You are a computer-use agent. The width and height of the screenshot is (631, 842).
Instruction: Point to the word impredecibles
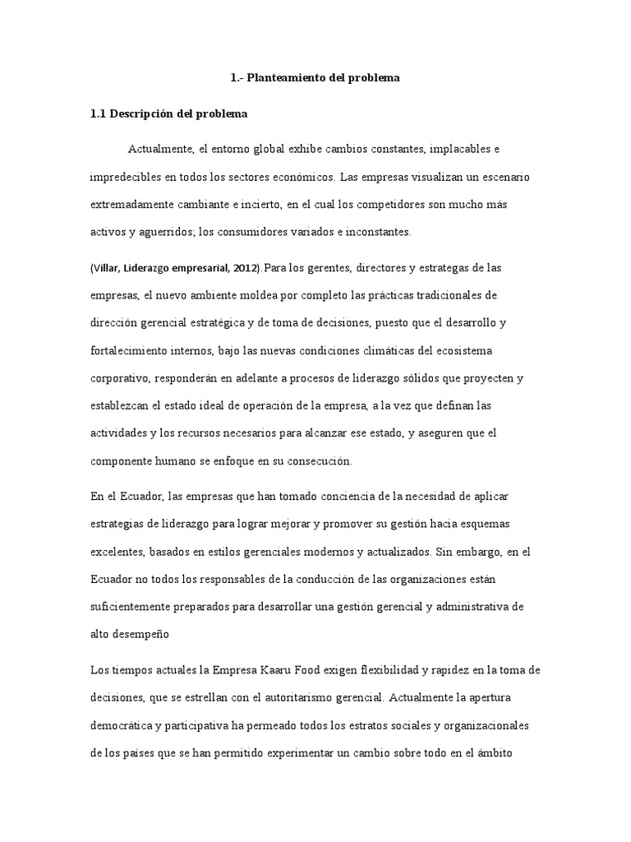[129, 177]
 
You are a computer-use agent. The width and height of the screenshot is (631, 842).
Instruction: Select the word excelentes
[116, 552]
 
